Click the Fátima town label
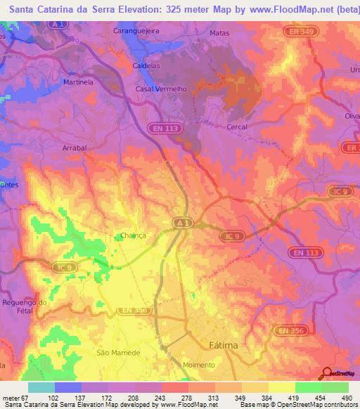[x=224, y=346]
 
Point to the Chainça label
[x=132, y=236]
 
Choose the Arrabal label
[x=75, y=148]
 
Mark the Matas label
[x=221, y=33]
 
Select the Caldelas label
[x=148, y=65]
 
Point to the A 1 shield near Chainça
[x=182, y=222]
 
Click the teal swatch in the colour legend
[x=41, y=387]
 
